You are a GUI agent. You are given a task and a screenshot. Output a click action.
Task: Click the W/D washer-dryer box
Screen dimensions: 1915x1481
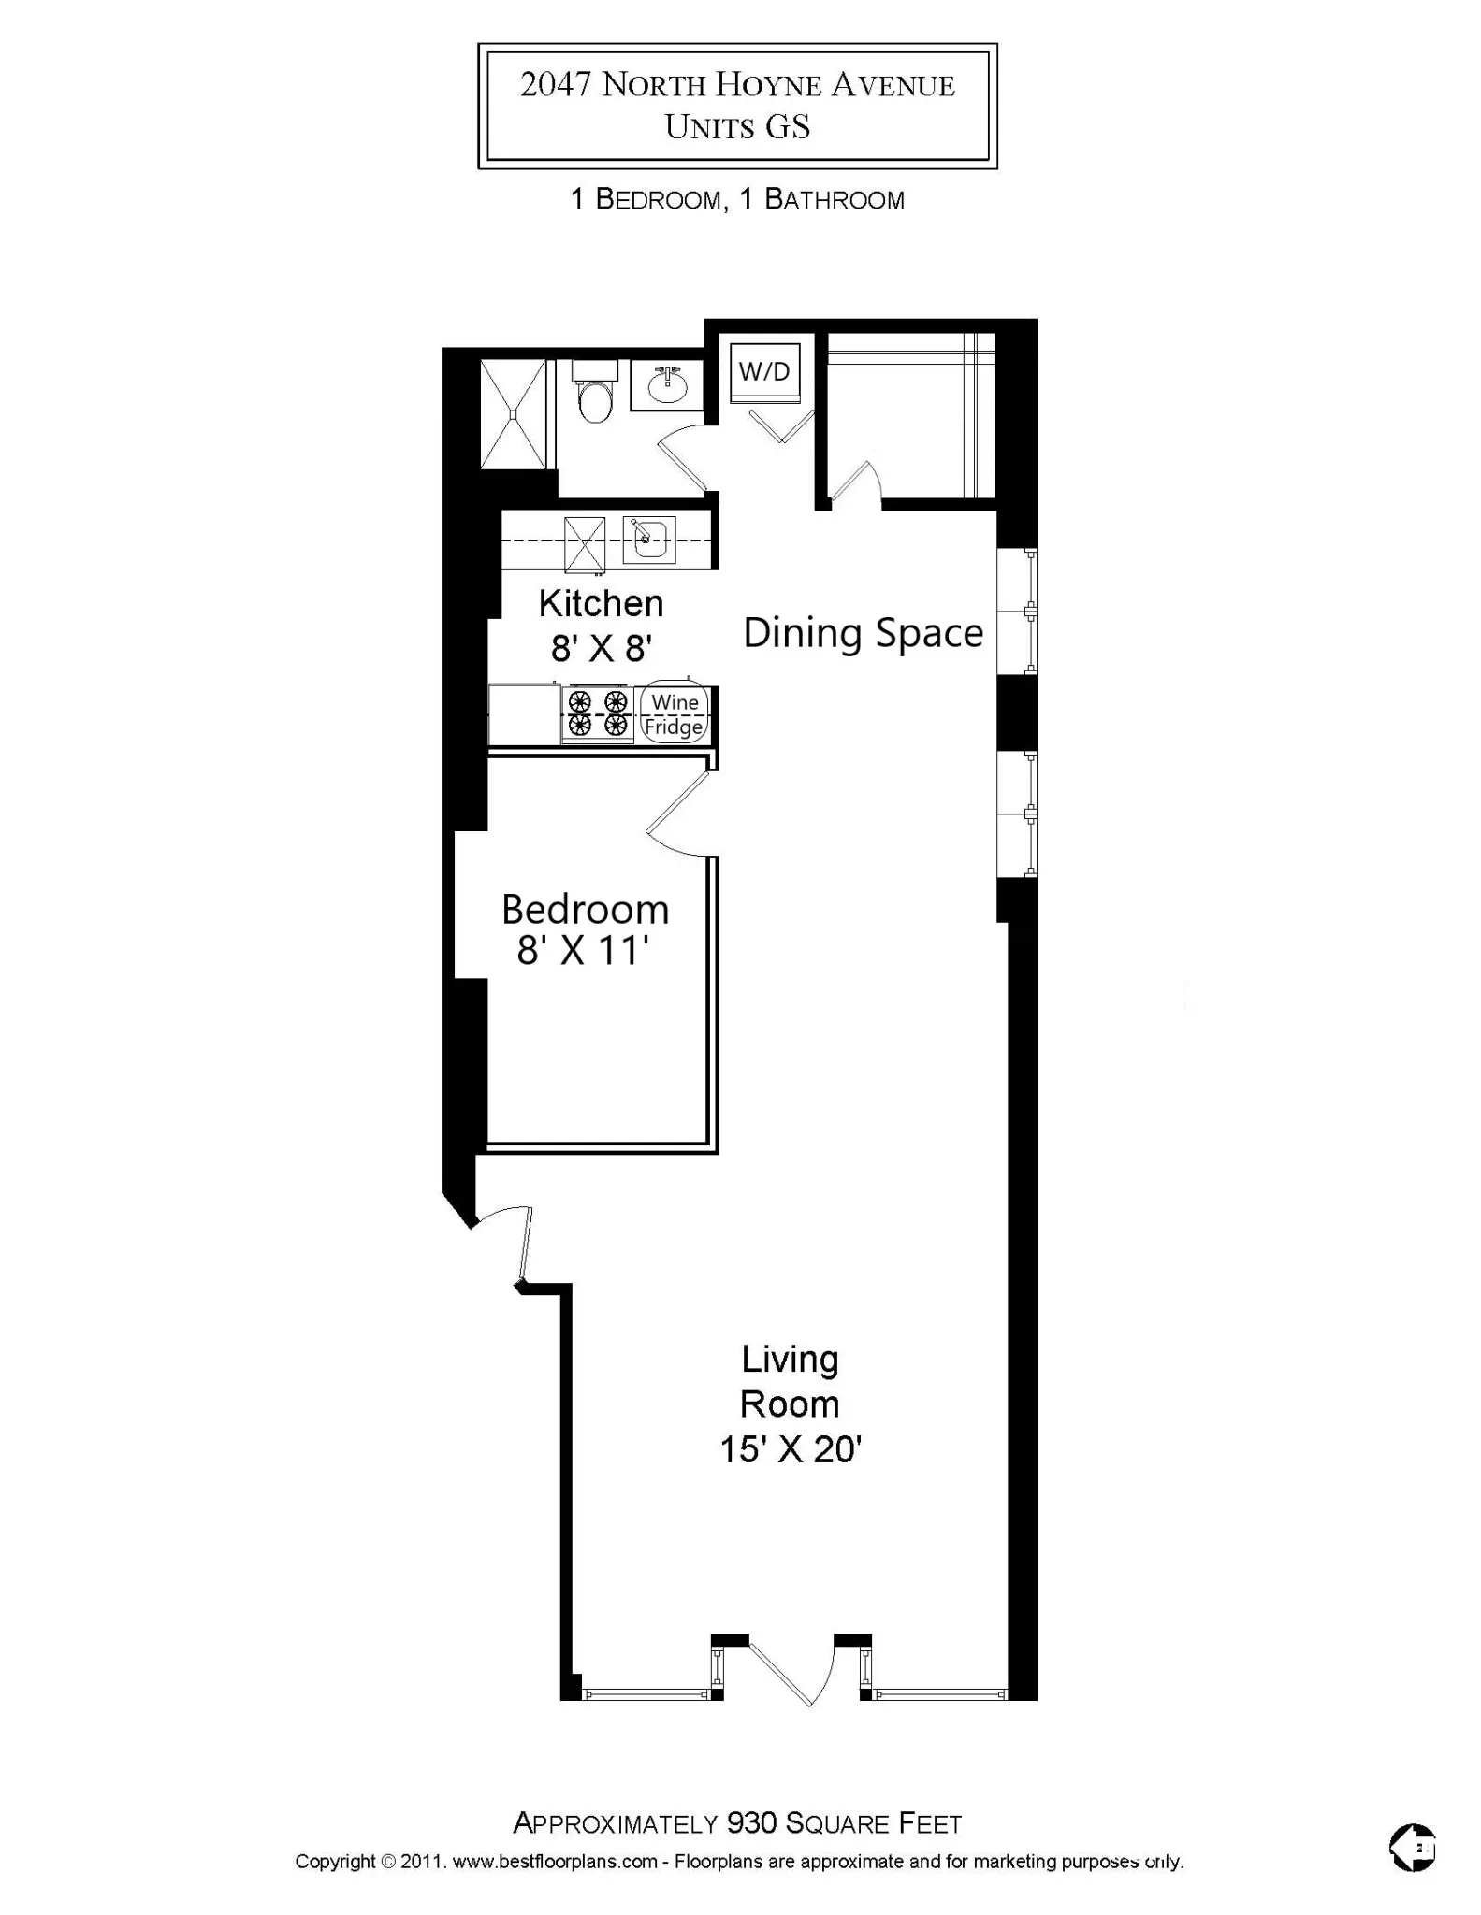(764, 371)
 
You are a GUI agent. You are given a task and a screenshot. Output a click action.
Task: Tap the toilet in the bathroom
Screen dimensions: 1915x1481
(594, 397)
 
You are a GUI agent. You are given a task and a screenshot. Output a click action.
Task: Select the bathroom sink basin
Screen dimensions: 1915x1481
(667, 388)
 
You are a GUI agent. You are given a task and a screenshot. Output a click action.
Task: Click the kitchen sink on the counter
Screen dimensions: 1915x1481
(649, 540)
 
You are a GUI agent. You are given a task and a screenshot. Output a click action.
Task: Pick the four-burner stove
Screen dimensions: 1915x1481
(598, 713)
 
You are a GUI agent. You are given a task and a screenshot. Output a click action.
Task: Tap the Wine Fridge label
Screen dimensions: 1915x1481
(675, 714)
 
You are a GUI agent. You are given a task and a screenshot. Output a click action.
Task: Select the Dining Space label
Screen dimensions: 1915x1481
(863, 633)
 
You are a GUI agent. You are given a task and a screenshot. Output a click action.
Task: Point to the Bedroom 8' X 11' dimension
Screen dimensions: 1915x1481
(584, 951)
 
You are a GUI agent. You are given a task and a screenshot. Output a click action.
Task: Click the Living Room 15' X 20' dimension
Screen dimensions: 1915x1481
(790, 1449)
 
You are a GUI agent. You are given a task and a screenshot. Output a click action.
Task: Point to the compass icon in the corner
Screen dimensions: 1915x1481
(1412, 1848)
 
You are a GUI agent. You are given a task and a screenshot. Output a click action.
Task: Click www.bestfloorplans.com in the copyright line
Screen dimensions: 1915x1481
(555, 1861)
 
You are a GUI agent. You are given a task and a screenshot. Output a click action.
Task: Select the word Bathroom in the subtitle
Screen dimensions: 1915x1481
(835, 199)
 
